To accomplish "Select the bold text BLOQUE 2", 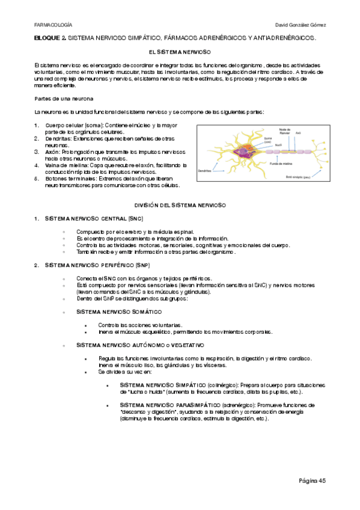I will (50, 38).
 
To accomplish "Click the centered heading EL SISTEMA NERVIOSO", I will (179, 54).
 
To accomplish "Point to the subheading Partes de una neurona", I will (64, 98).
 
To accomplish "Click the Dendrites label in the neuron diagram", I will (207, 171).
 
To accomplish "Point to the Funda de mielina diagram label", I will (281, 164).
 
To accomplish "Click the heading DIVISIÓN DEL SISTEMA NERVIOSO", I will (179, 206).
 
